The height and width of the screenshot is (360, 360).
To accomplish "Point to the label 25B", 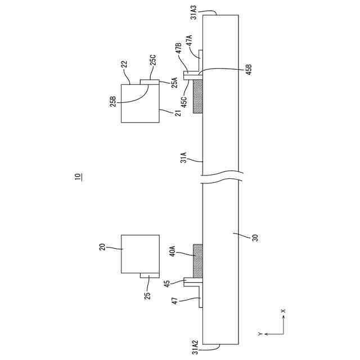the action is pos(112,101).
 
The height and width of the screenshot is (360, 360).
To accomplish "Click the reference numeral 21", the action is pos(178,113).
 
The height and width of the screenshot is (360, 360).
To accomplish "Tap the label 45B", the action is pos(249,70).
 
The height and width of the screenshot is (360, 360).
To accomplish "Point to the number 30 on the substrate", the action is pos(254,237).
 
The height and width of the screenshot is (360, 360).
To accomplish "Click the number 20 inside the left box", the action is pos(103,246).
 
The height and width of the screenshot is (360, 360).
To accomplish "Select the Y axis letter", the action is pos(260,334).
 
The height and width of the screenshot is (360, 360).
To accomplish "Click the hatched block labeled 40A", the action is pos(198,261).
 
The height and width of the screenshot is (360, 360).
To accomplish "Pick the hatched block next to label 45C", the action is pos(198,96).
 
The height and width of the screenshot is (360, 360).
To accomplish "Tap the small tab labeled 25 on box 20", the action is pos(149,276).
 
